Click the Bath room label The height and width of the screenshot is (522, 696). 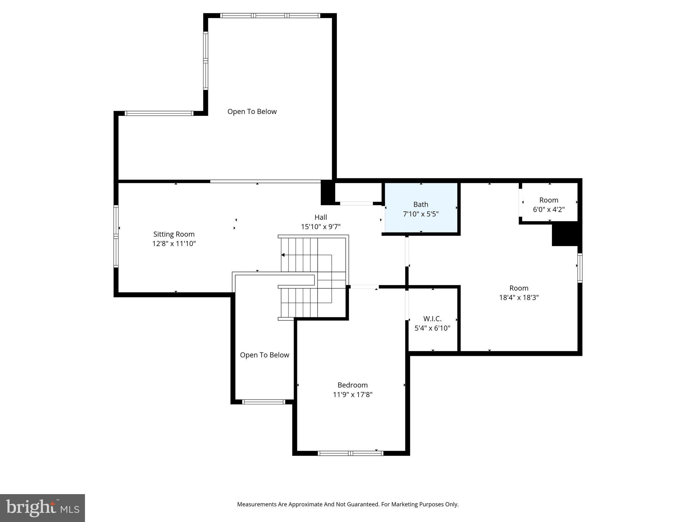[420, 204]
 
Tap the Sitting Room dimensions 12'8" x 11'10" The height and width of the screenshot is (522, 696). [174, 244]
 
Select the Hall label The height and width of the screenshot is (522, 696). [320, 217]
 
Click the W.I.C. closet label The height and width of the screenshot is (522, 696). [432, 319]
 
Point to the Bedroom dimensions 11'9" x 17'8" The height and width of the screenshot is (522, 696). [352, 395]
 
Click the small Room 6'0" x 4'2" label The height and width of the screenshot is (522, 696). [549, 200]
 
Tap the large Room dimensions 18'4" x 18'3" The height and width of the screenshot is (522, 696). [519, 298]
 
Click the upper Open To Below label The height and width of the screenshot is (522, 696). [252, 111]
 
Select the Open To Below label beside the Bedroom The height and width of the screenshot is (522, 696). [264, 355]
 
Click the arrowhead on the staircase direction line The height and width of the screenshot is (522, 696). [283, 255]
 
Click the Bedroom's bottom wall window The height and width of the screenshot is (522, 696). [350, 453]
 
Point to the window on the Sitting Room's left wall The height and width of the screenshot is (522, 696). [116, 236]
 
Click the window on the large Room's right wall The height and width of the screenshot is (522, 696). [580, 268]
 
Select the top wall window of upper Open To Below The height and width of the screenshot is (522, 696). [270, 16]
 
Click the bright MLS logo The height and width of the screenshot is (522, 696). [42, 508]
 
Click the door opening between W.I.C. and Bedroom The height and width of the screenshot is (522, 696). [407, 305]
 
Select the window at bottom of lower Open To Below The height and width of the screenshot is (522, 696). [263, 402]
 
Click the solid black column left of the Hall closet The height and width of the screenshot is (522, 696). [328, 193]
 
